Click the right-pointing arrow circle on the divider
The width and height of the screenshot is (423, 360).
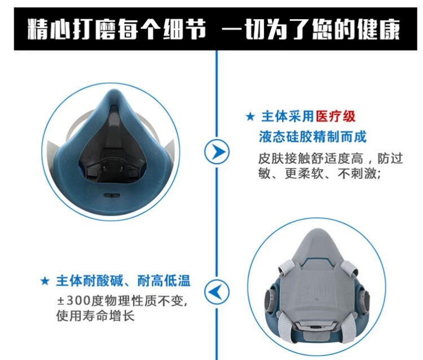coord(217,151)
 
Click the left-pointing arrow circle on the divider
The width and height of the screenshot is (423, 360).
coord(217,292)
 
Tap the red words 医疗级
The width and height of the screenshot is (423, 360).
coord(336,117)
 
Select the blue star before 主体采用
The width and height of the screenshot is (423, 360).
coord(250,117)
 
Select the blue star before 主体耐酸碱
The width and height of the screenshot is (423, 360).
coord(45,281)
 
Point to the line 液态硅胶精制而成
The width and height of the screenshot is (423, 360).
coord(312,137)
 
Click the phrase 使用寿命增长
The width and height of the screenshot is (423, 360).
coord(95,316)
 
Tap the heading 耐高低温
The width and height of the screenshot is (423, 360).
coord(164,280)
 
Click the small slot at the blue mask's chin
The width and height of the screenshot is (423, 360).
coord(112,195)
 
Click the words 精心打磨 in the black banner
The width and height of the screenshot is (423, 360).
coord(73,29)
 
